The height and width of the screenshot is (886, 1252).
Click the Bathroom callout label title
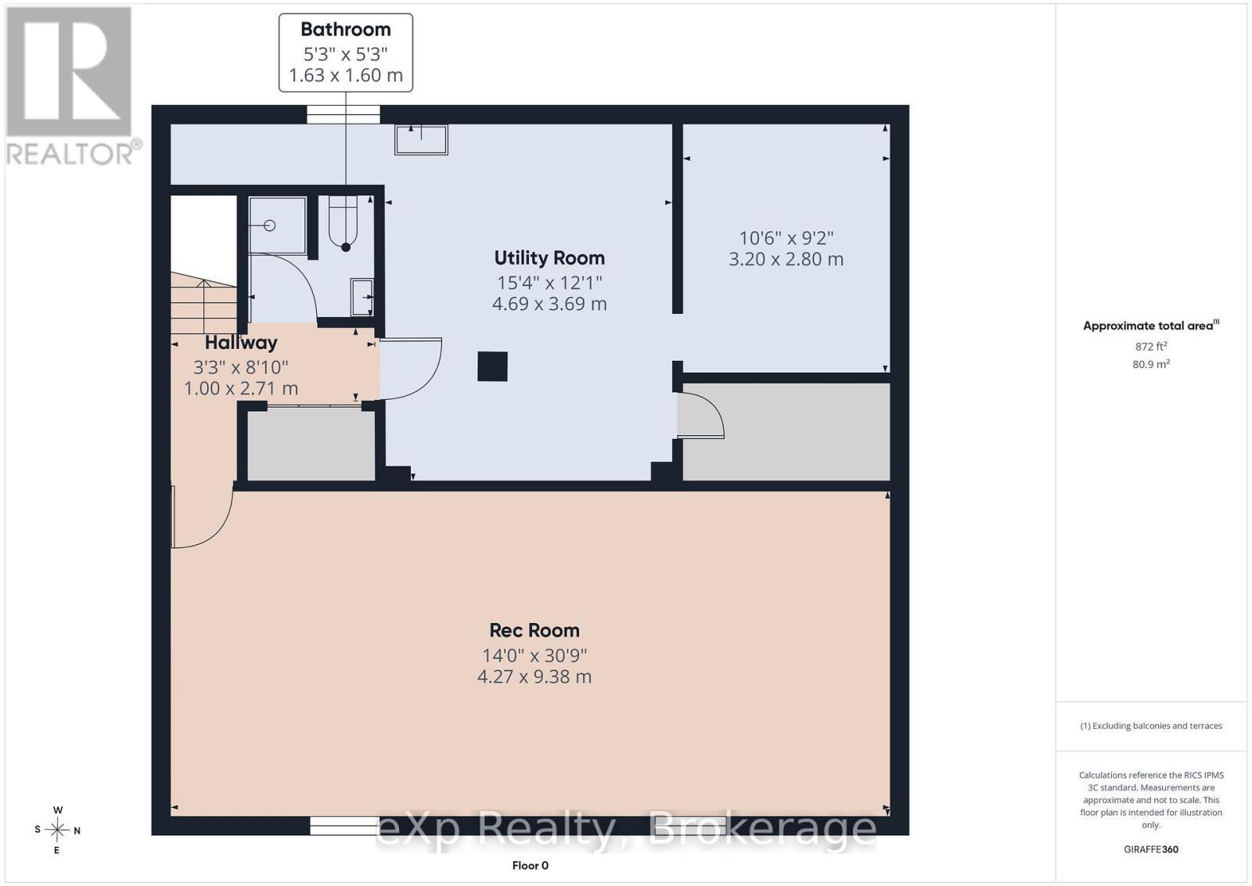pos(345,30)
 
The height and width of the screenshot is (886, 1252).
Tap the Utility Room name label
pos(549,258)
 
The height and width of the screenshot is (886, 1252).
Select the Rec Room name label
pos(534,631)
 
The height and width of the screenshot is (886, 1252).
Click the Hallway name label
pos(241,343)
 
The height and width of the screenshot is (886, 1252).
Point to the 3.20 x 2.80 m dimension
pos(786,259)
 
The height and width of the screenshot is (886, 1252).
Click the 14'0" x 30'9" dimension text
pos(534,655)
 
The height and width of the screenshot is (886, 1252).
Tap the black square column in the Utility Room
pos(492,367)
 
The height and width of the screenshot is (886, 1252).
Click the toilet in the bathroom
pos(344,223)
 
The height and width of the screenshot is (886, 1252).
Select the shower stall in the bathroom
pos(277,225)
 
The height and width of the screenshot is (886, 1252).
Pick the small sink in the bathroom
pos(362,297)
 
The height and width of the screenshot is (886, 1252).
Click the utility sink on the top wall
pos(421,139)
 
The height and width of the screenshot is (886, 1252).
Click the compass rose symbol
pos(57,830)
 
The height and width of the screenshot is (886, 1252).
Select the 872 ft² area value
pos(1151,346)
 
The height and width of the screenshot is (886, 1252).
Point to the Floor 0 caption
pos(530,866)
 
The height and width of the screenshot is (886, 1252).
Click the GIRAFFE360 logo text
pos(1151,850)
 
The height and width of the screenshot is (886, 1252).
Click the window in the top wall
pos(344,114)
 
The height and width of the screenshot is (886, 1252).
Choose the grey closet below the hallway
pos(311,445)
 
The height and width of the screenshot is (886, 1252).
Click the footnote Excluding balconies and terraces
pos(1151,726)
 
